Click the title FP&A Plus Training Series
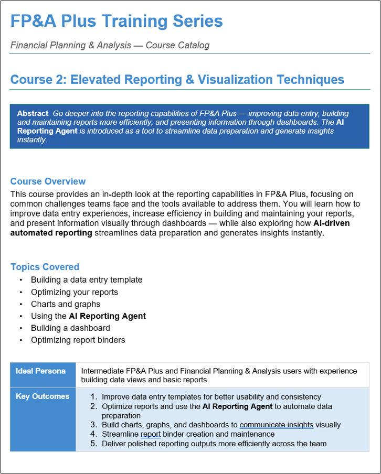click(x=117, y=21)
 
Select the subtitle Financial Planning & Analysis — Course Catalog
click(x=110, y=45)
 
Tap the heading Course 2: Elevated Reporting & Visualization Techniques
click(x=177, y=80)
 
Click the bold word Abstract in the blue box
click(x=33, y=113)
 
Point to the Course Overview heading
click(x=48, y=181)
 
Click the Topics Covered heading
click(x=45, y=267)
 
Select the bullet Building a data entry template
click(x=87, y=280)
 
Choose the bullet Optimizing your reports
click(x=74, y=292)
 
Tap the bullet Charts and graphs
click(x=66, y=304)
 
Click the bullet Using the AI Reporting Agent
click(x=88, y=316)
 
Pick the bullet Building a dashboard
click(x=70, y=328)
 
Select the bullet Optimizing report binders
click(x=78, y=340)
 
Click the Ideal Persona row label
click(x=41, y=371)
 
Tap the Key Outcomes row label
click(x=43, y=396)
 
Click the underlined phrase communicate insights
click(x=276, y=425)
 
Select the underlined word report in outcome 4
click(x=151, y=434)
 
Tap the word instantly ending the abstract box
click(x=32, y=140)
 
